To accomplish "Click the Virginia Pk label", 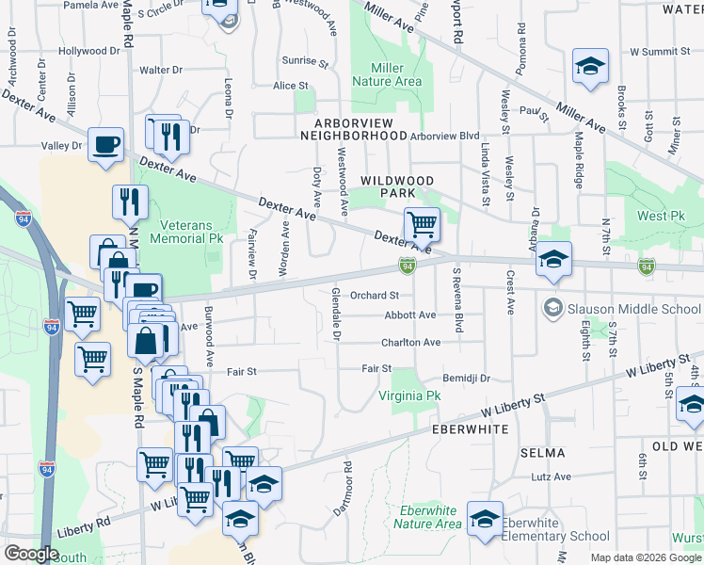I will tap(409, 396).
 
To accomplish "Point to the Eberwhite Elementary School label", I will tap(555, 529).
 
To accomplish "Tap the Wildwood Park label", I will tap(397, 186).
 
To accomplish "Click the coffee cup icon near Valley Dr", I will tap(104, 144).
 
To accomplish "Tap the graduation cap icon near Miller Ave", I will tap(590, 66).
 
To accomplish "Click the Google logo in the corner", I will tap(30, 553).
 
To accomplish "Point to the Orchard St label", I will tap(375, 295).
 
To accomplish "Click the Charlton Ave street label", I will tap(410, 343).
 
